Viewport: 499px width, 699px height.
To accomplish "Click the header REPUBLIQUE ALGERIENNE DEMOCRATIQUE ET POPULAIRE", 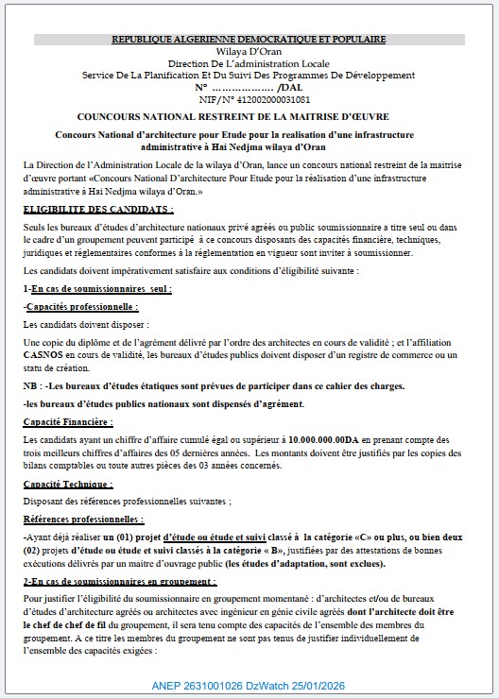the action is [249, 39].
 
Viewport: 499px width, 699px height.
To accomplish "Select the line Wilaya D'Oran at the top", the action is [249, 51].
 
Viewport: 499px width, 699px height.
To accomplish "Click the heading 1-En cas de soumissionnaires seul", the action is [96, 287].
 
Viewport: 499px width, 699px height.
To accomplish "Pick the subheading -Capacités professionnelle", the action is [81, 307].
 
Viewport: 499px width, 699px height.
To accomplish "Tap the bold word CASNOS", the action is [43, 354].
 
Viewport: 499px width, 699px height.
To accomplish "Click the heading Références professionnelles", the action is [83, 520].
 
